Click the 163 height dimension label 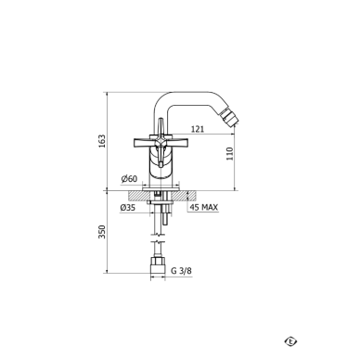102,141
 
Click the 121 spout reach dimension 198,129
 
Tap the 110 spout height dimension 230,153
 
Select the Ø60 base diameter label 129,179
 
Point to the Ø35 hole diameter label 128,208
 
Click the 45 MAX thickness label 204,207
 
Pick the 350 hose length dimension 102,232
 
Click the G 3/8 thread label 182,271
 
